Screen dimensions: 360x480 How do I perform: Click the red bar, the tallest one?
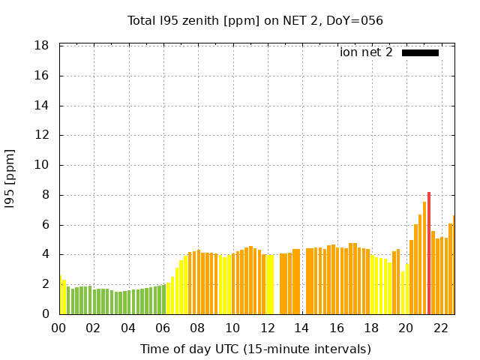[x=429, y=253]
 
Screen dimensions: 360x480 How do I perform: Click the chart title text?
[x=255, y=20]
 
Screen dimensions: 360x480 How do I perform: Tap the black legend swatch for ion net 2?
[x=420, y=52]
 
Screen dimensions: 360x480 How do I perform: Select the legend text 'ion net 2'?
[x=366, y=52]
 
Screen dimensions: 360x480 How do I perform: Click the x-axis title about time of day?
[x=255, y=349]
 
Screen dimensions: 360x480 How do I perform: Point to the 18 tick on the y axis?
[x=42, y=46]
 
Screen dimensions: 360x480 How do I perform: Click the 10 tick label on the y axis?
[x=42, y=165]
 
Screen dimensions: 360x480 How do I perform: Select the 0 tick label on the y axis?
[x=45, y=314]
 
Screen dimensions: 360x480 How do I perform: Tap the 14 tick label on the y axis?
[x=42, y=106]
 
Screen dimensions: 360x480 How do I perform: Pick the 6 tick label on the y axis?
[x=45, y=225]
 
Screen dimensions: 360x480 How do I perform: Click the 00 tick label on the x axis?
[x=59, y=328]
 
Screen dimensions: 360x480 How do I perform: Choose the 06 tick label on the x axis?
[x=163, y=328]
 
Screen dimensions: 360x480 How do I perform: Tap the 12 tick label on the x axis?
[x=267, y=328]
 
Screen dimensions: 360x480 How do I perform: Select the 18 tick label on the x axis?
[x=371, y=328]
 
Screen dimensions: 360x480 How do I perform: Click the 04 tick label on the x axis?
[x=128, y=328]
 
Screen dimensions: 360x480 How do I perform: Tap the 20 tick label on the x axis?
[x=406, y=328]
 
